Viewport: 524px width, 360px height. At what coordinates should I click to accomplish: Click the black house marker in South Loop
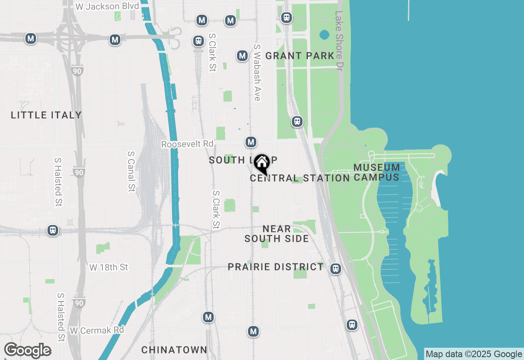point(262,164)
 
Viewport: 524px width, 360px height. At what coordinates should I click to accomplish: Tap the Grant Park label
point(300,56)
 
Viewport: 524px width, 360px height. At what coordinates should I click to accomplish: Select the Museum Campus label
point(377,172)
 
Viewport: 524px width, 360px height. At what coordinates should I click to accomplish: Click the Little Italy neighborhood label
point(46,115)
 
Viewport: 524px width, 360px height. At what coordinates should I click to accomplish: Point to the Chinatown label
point(174,350)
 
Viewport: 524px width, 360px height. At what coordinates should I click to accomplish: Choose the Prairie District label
point(276,267)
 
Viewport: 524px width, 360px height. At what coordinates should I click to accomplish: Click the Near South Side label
point(277,234)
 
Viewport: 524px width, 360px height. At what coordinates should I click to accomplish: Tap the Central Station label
point(300,178)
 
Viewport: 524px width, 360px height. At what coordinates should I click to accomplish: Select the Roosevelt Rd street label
point(187,144)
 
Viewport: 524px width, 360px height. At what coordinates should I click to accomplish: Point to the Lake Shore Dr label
point(339,40)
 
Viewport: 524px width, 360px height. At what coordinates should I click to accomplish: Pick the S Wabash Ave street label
point(257,72)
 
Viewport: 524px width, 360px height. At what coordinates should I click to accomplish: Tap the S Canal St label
point(131,171)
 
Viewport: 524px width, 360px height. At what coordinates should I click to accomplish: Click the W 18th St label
point(109,268)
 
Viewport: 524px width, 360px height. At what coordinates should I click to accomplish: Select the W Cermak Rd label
point(97,330)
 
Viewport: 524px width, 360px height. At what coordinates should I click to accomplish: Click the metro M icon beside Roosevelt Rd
point(251,142)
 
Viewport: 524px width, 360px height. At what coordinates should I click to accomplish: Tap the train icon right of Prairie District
point(336,269)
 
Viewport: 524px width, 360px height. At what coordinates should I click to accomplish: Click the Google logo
point(27,351)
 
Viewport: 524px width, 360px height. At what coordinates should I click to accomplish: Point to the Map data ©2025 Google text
point(474,354)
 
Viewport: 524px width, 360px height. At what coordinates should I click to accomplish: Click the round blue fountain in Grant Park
point(324,35)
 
